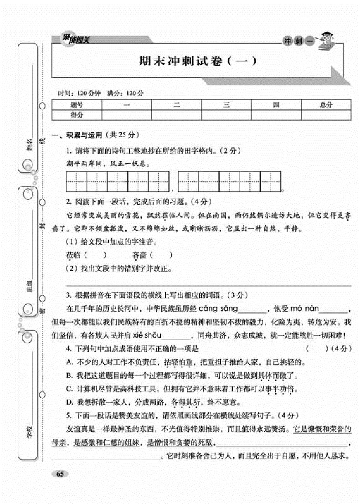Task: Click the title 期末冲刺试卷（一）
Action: click(x=195, y=61)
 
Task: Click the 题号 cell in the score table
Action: click(x=76, y=105)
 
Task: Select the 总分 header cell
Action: click(x=325, y=105)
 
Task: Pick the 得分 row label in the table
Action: click(x=76, y=115)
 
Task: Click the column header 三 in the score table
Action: click(x=226, y=105)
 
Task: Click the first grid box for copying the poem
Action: click(x=76, y=181)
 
